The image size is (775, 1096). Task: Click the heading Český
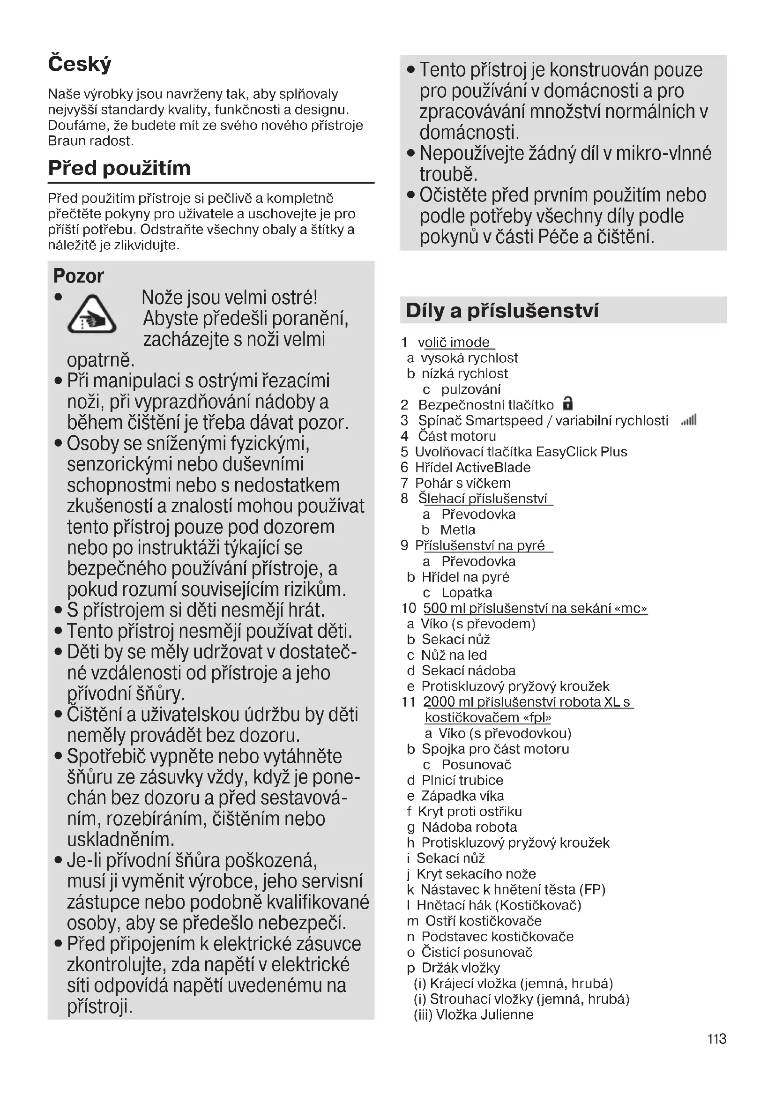80,64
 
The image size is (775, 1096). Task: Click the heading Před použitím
119,168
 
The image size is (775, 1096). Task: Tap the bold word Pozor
78,276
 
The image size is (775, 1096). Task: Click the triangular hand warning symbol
92,314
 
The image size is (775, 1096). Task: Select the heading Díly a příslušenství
502,310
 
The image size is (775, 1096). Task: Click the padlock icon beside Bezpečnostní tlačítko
567,403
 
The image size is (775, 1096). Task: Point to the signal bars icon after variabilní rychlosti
689,420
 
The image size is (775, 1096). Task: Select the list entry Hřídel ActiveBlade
472,467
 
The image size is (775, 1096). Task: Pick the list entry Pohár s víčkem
462,483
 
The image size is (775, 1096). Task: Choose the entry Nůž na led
454,655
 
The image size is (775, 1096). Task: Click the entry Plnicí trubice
462,780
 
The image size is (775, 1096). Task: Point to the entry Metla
458,530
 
